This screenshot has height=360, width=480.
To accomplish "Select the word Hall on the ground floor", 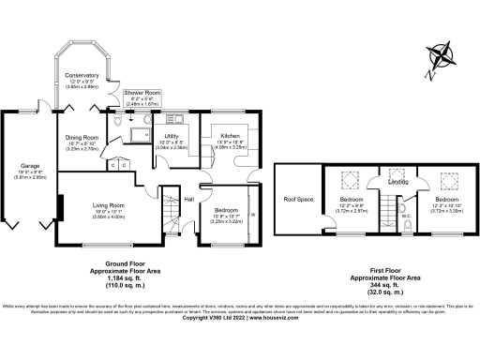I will [x=188, y=200].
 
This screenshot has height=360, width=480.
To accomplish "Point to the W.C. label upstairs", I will [x=406, y=215].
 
